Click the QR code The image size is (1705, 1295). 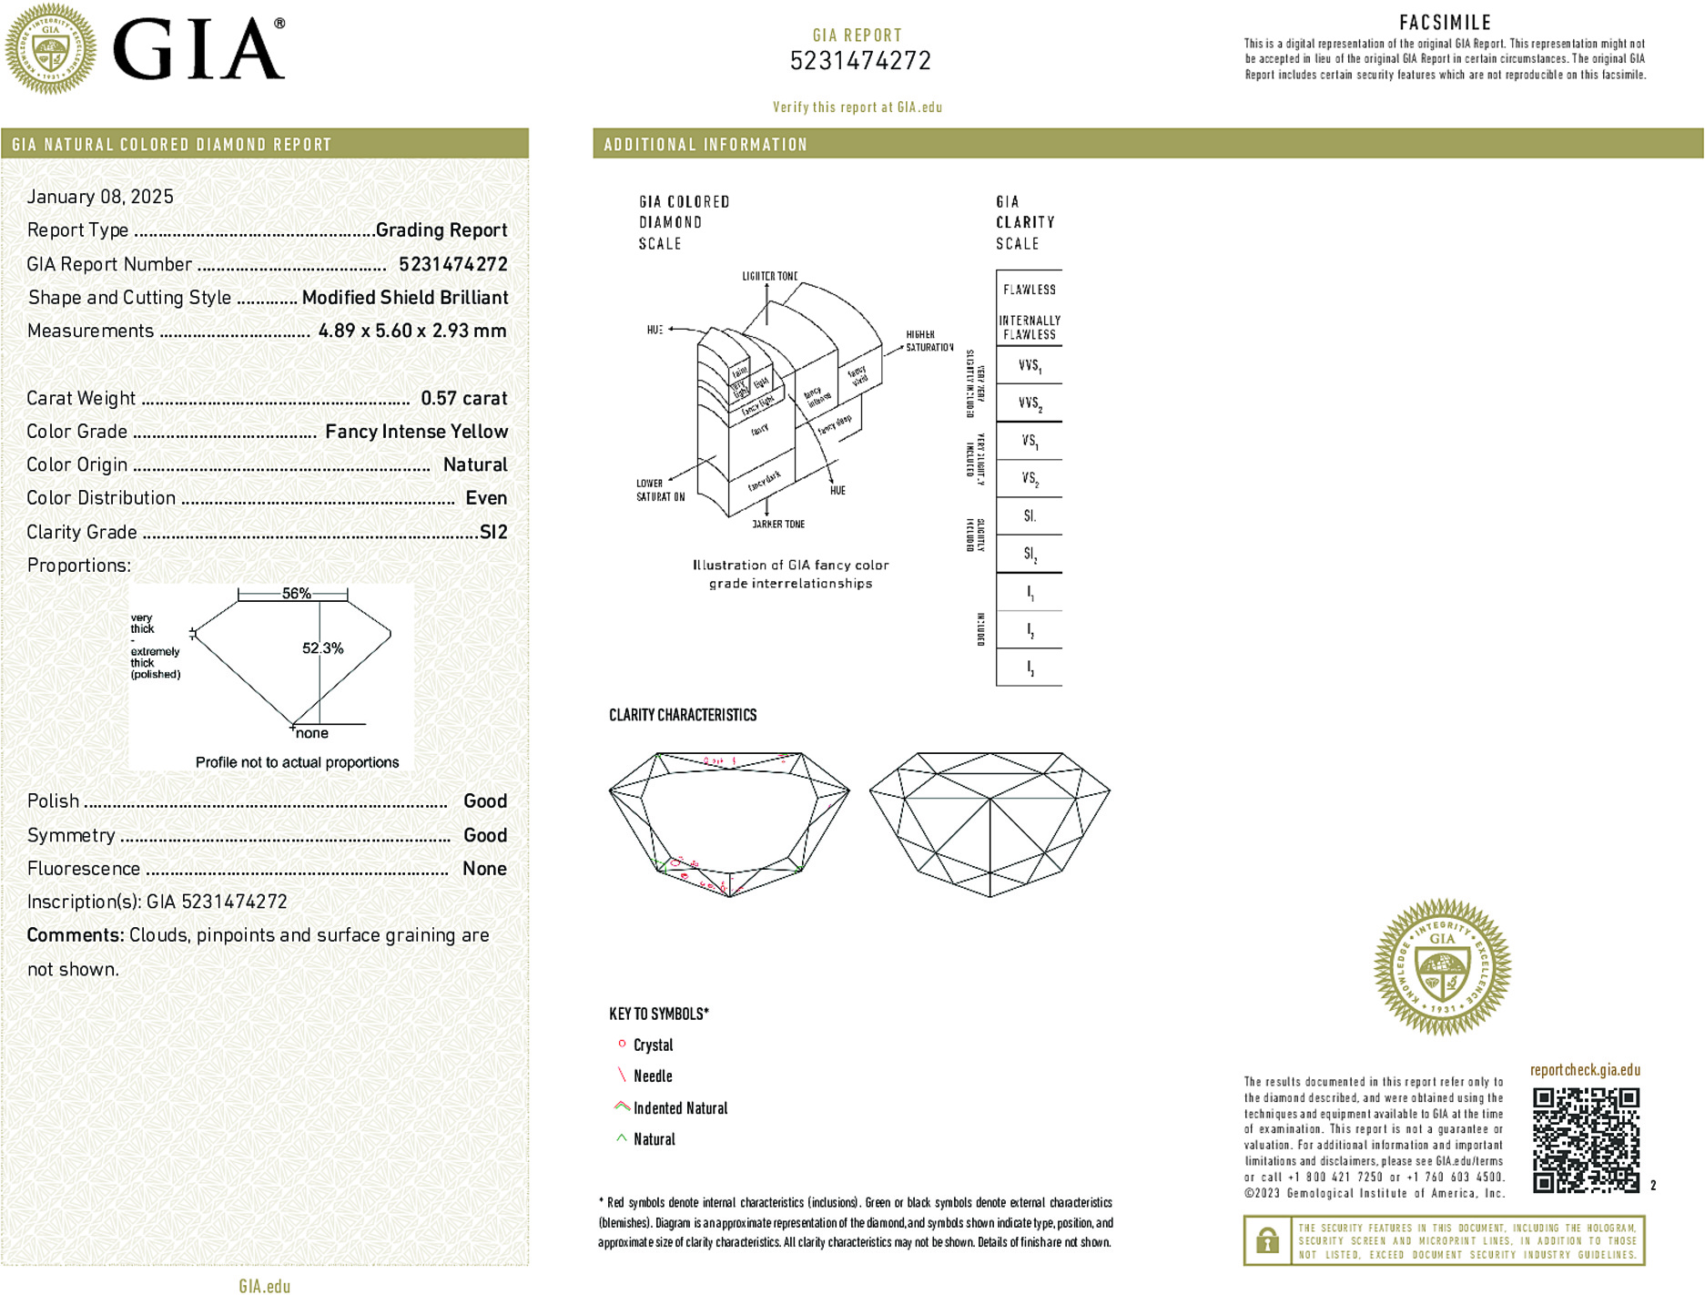pyautogui.click(x=1585, y=1139)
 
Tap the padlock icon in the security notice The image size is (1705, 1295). pyautogui.click(x=1267, y=1240)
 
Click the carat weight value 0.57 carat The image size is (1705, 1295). pyautogui.click(x=463, y=398)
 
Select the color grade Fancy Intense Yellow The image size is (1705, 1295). pyautogui.click(x=416, y=432)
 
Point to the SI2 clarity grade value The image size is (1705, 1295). pyautogui.click(x=493, y=532)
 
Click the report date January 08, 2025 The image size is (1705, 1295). pyautogui.click(x=100, y=197)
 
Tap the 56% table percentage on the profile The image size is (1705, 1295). pyautogui.click(x=296, y=594)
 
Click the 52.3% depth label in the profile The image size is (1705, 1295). pyautogui.click(x=322, y=648)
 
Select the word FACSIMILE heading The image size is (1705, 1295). pyautogui.click(x=1445, y=23)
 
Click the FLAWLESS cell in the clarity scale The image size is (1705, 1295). pyautogui.click(x=1029, y=290)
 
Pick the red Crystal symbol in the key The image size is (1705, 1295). pyautogui.click(x=622, y=1044)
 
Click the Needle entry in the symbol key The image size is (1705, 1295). pyautogui.click(x=653, y=1076)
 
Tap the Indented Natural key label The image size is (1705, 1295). pyautogui.click(x=680, y=1108)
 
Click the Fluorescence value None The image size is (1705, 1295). pyautogui.click(x=484, y=869)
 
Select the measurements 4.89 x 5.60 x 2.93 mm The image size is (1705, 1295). pyautogui.click(x=412, y=331)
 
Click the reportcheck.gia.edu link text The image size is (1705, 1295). pyautogui.click(x=1585, y=1070)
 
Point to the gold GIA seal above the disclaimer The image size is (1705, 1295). pyautogui.click(x=1442, y=967)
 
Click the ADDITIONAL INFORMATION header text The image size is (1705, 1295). pyautogui.click(x=705, y=145)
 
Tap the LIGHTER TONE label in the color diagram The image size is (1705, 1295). pyautogui.click(x=769, y=276)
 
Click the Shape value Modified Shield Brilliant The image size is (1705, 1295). pyautogui.click(x=405, y=298)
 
